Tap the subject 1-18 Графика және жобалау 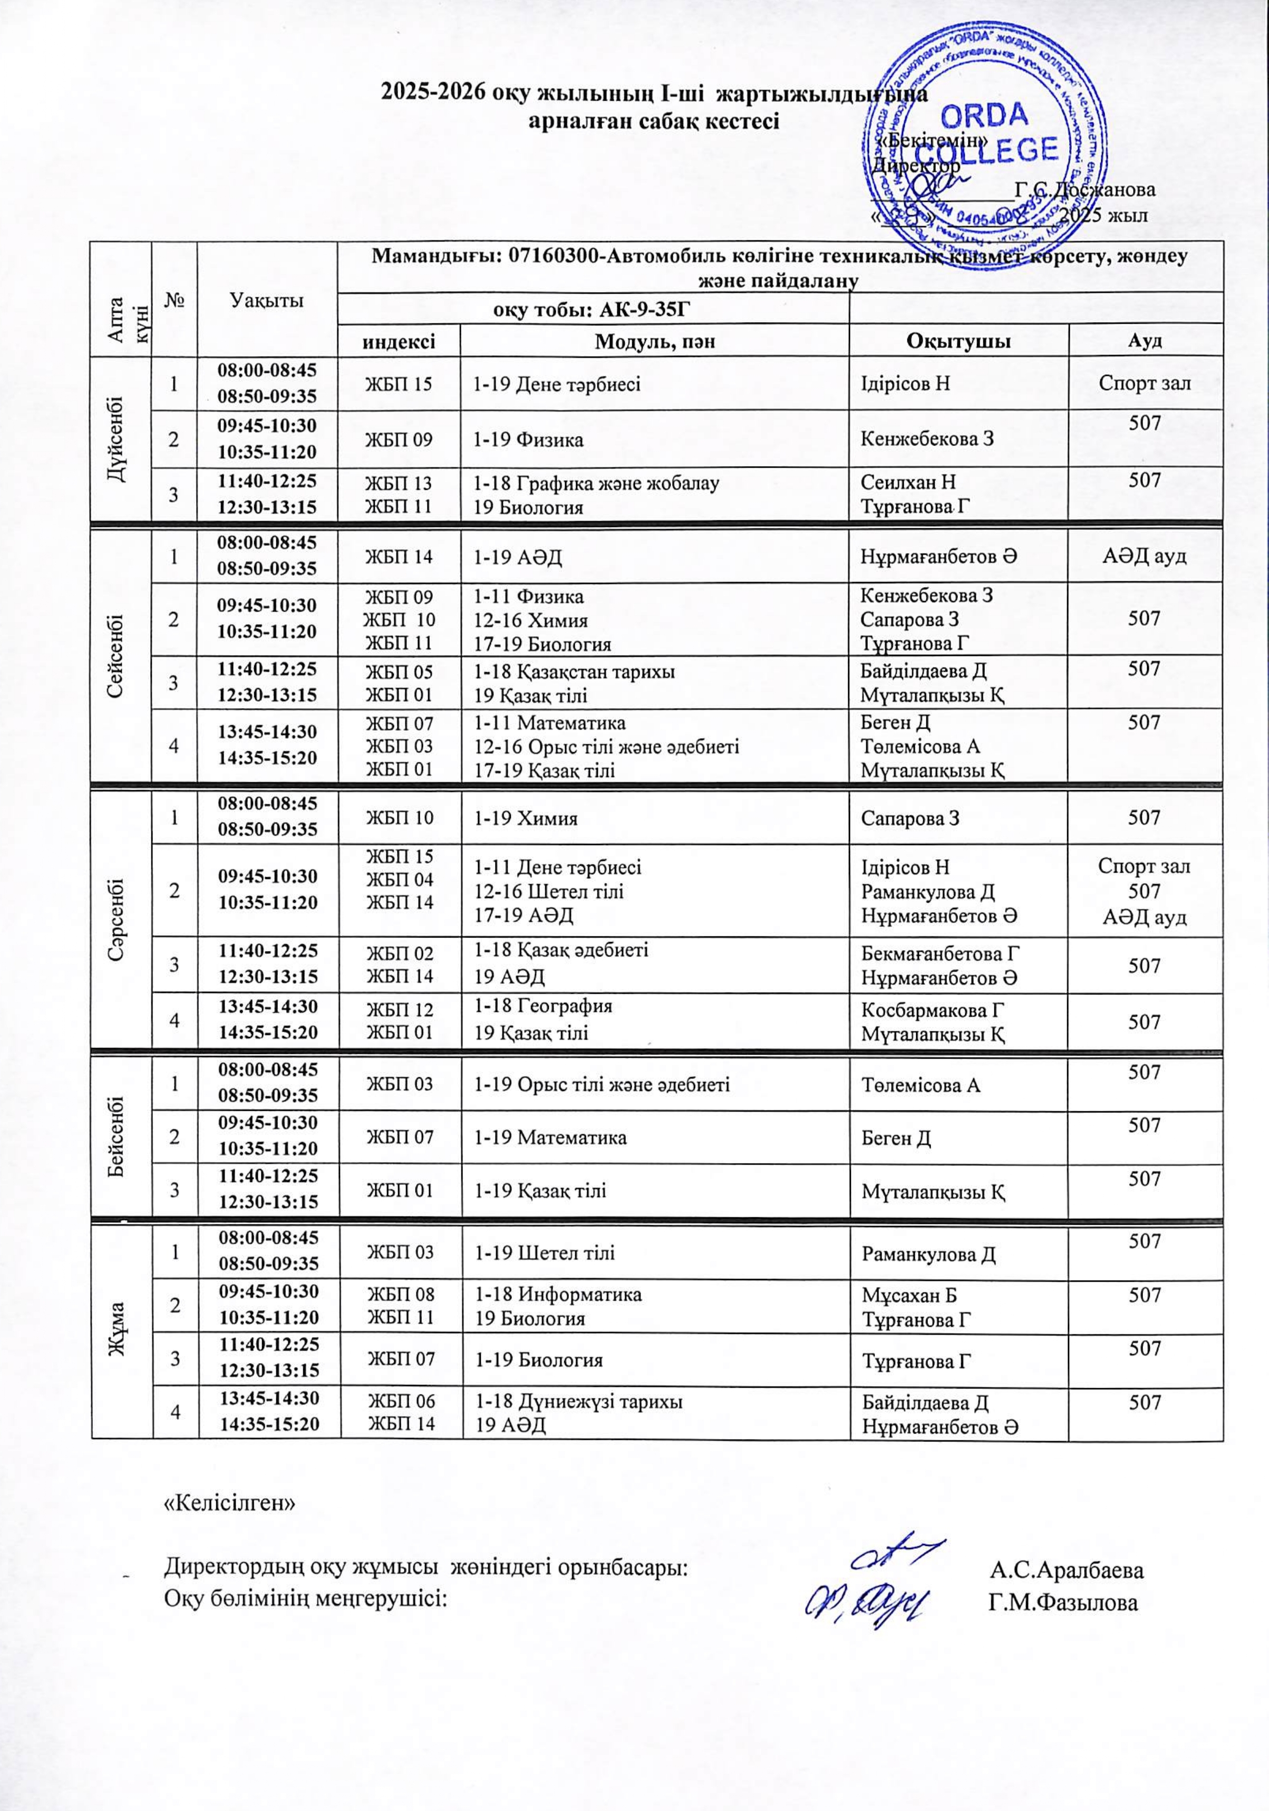point(595,482)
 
